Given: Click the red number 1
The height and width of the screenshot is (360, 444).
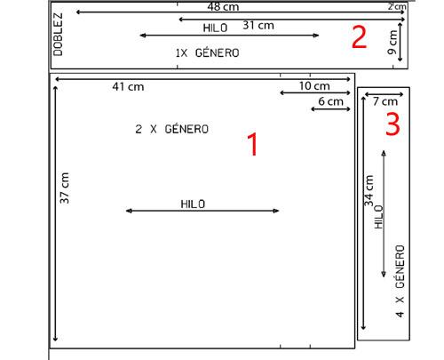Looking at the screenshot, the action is [x=252, y=144].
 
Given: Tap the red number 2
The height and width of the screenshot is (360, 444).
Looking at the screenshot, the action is [x=359, y=37].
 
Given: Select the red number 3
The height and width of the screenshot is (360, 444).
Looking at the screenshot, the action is [x=392, y=124].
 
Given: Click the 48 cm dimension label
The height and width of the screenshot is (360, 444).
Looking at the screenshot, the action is [x=223, y=6].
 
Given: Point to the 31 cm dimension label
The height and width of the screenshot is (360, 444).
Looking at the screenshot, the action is [x=258, y=25].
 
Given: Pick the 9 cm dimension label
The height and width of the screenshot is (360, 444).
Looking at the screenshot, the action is [x=392, y=43].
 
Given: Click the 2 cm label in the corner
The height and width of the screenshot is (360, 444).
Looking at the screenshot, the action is [x=397, y=6].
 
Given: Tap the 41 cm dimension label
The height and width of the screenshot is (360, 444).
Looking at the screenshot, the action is [x=128, y=87].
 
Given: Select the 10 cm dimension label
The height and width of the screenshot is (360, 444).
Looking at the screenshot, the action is [x=314, y=86].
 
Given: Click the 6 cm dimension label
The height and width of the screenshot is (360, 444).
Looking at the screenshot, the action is [x=330, y=101].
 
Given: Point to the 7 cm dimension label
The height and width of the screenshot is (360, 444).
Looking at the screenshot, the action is [x=385, y=101].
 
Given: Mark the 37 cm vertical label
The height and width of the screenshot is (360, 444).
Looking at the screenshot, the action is [x=65, y=188].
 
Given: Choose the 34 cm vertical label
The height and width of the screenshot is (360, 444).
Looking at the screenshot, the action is [x=369, y=191].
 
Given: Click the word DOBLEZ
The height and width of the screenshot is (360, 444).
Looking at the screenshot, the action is [x=59, y=35].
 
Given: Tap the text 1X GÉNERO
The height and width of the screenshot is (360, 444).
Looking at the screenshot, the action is [x=207, y=53].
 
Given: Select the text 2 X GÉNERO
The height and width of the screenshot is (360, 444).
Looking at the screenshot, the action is [x=172, y=129].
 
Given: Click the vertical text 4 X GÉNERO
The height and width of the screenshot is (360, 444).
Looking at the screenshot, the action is [x=400, y=281].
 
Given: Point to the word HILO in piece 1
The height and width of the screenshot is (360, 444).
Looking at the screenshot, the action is [x=193, y=204].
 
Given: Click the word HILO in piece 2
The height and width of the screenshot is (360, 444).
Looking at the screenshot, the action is [x=215, y=28].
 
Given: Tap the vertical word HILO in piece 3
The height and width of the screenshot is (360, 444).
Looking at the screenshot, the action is [x=379, y=217].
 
